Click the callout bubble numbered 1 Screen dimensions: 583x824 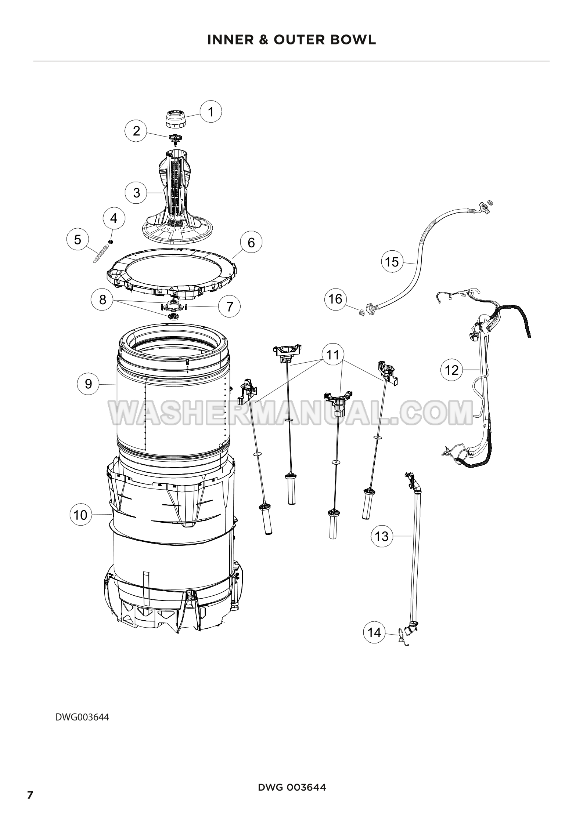coord(210,112)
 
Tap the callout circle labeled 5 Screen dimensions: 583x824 coord(78,240)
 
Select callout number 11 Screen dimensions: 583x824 coord(333,355)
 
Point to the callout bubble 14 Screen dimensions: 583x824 coord(374,632)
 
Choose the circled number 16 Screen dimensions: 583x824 coord(335,299)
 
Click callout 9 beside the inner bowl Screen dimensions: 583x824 coord(88,384)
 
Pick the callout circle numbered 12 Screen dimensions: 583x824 coord(451,370)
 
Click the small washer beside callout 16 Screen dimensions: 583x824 coord(361,312)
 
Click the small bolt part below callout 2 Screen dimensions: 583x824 coord(176,138)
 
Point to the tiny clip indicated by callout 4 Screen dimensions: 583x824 coord(110,241)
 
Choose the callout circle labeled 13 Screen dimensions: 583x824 coord(382,536)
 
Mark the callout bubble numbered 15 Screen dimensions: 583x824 coord(392,262)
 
